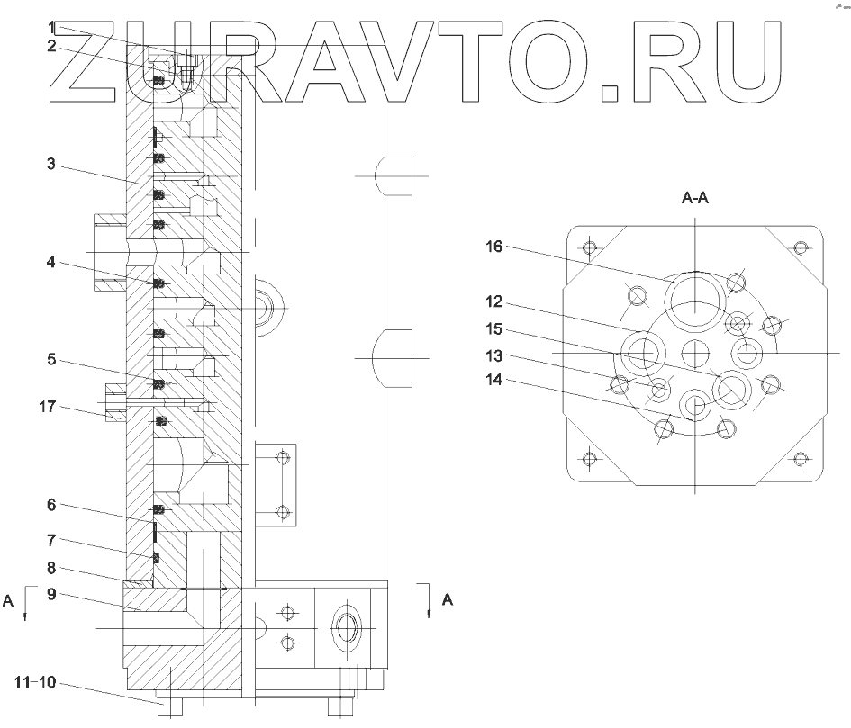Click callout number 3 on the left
point(51,163)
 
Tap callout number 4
point(51,262)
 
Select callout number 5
point(51,359)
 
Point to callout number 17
point(47,407)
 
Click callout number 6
point(51,505)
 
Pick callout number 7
point(51,540)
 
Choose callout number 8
point(51,568)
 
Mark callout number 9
point(51,594)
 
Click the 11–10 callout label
point(35,682)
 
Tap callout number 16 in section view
point(493,247)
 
